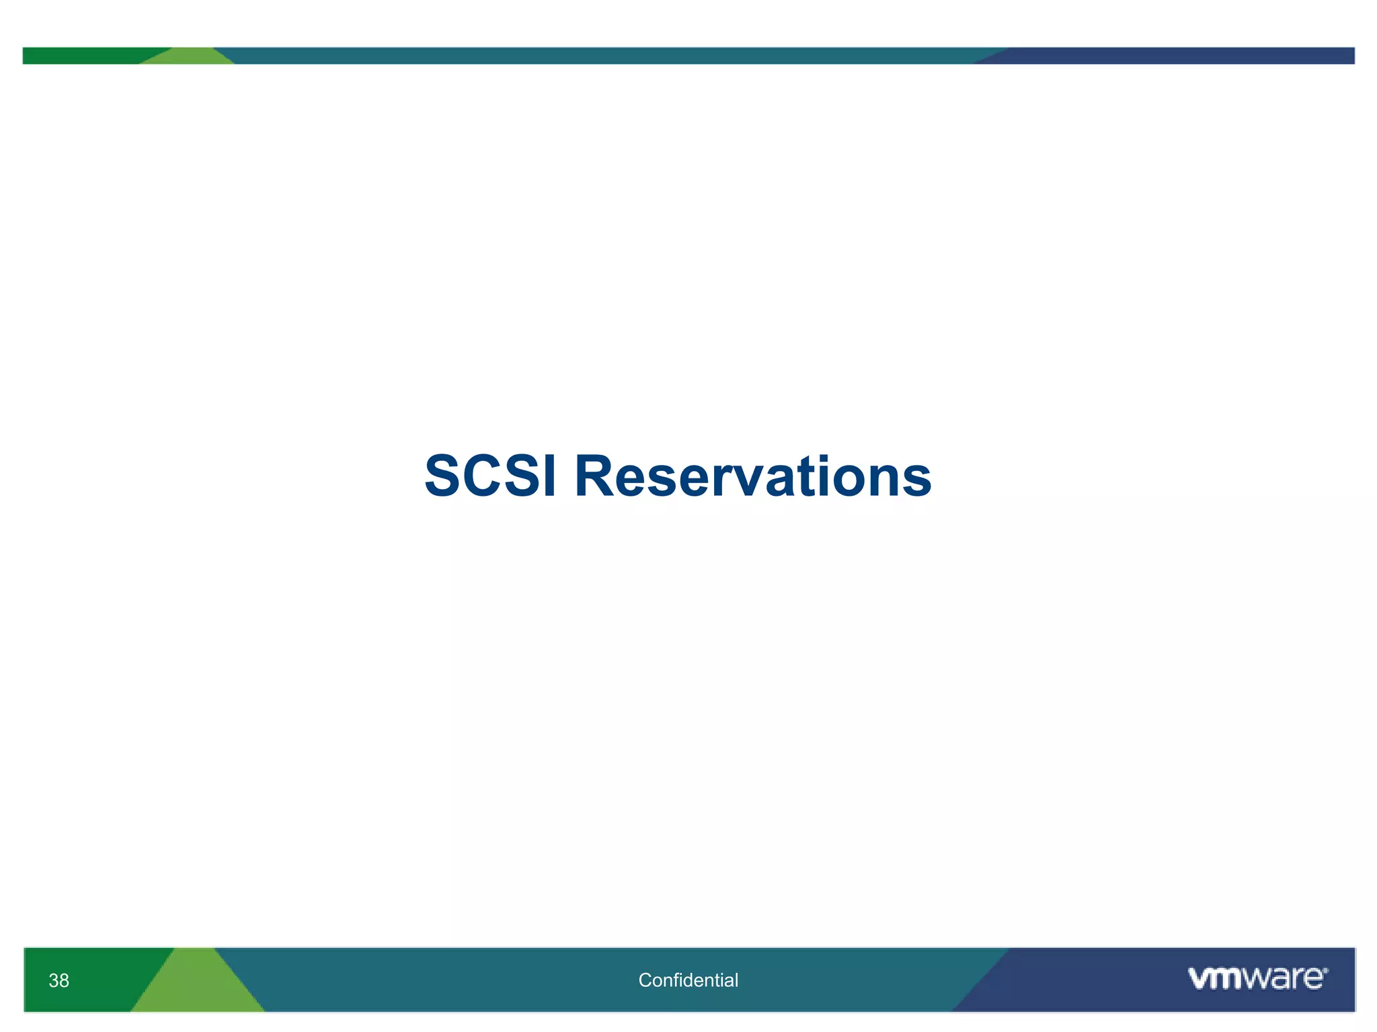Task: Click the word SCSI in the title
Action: (491, 476)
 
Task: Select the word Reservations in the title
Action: (753, 476)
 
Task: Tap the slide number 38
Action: (58, 981)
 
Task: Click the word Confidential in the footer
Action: (688, 980)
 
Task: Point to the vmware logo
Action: (1257, 978)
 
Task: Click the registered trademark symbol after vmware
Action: (1325, 970)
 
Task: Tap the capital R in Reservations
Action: (596, 476)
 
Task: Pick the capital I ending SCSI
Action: (550, 476)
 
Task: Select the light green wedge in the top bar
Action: (188, 57)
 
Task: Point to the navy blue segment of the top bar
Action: (1177, 56)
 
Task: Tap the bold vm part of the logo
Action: (1216, 979)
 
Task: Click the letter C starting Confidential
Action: (644, 980)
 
